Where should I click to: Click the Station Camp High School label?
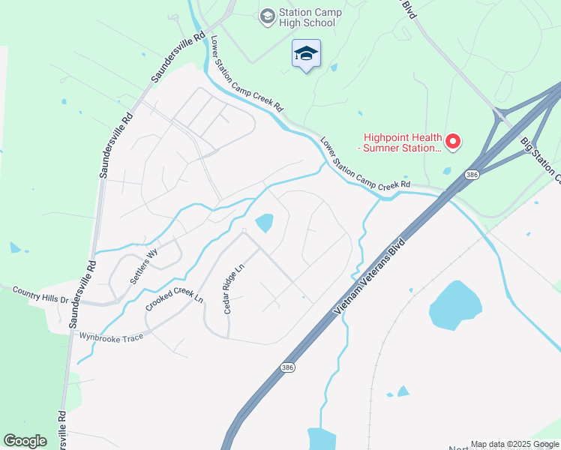pyautogui.click(x=310, y=17)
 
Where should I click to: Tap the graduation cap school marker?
pyautogui.click(x=306, y=54)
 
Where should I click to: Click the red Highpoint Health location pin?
pyautogui.click(x=452, y=140)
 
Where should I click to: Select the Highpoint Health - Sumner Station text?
pyautogui.click(x=402, y=142)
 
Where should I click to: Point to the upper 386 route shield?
pyautogui.click(x=471, y=175)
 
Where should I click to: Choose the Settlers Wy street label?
pyautogui.click(x=144, y=266)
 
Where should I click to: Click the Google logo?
pyautogui.click(x=25, y=441)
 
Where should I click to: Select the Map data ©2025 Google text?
pyautogui.click(x=514, y=444)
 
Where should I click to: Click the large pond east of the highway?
pyautogui.click(x=455, y=305)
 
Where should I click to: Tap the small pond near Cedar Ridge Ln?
pyautogui.click(x=264, y=223)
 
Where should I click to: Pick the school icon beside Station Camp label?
pyautogui.click(x=266, y=16)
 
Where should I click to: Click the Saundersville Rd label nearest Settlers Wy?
pyautogui.click(x=80, y=294)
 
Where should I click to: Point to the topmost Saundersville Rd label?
pyautogui.click(x=178, y=58)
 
